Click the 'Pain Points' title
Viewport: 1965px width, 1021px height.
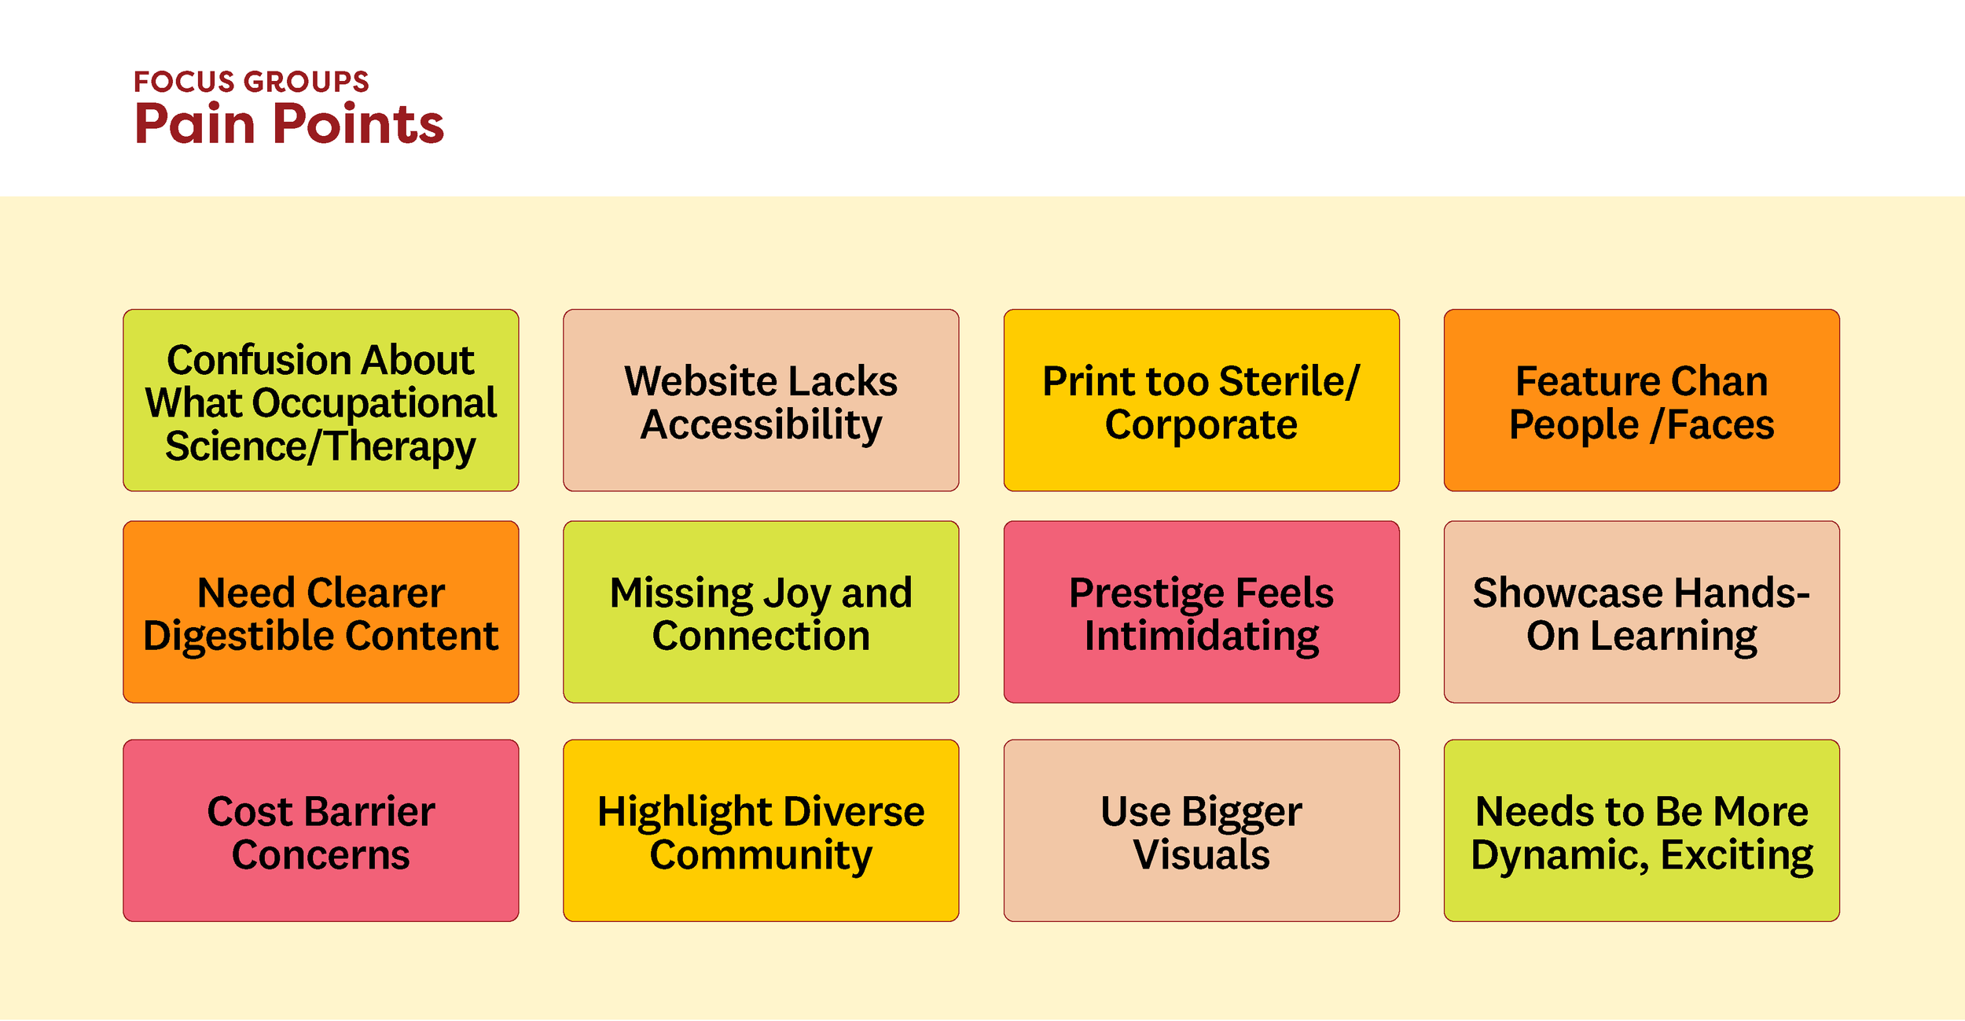(289, 124)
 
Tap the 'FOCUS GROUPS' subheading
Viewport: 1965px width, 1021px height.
(251, 82)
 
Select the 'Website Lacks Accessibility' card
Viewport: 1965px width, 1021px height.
(761, 400)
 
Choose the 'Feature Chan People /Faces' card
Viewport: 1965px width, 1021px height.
(1641, 400)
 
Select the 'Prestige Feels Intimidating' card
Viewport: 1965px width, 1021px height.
(1201, 611)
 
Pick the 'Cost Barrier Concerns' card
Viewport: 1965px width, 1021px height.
(321, 830)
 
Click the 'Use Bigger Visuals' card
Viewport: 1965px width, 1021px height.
(1201, 830)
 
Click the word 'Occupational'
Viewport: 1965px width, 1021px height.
(375, 404)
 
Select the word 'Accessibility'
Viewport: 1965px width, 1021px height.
(761, 425)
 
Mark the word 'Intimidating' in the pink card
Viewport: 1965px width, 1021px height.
(1201, 637)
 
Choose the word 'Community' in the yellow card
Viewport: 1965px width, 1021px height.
(761, 855)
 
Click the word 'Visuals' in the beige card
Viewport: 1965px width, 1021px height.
(1201, 855)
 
